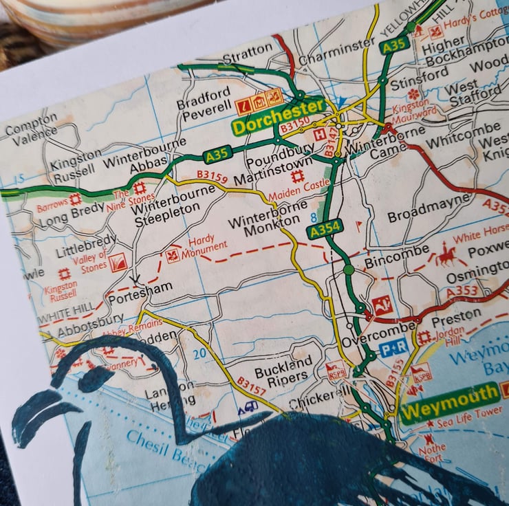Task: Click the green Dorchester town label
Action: pyautogui.click(x=279, y=117)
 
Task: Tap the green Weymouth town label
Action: pyautogui.click(x=450, y=402)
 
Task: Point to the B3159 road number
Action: pyautogui.click(x=212, y=177)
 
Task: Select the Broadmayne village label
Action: pyautogui.click(x=429, y=208)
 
